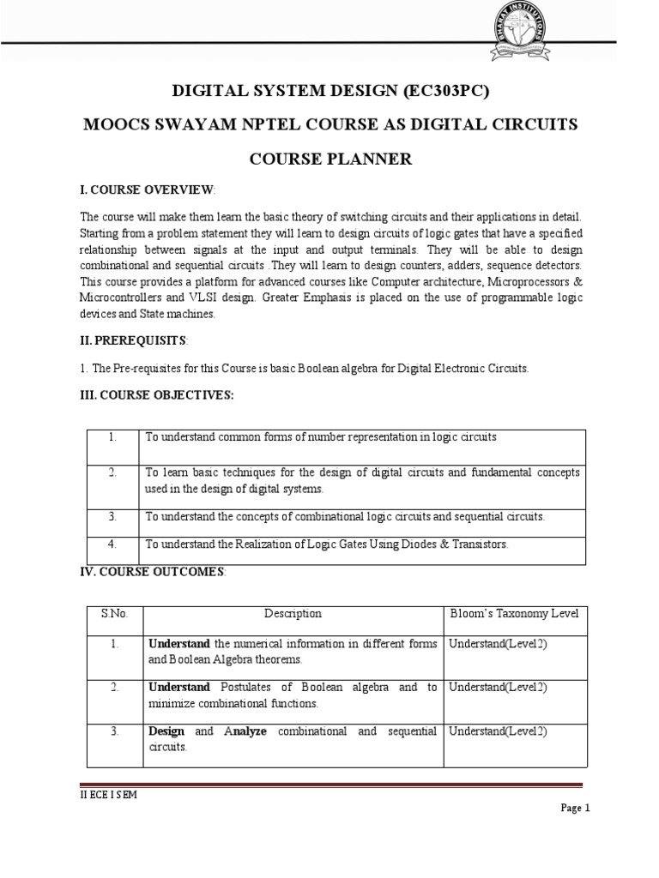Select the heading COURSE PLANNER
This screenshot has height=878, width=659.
[330, 159]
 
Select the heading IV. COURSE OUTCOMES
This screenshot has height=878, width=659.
[153, 571]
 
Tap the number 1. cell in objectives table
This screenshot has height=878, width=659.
[112, 437]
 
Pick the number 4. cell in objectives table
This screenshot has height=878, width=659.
[112, 544]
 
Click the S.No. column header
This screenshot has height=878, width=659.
[114, 614]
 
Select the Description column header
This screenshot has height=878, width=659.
[293, 614]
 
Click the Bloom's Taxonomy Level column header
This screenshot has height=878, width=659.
[515, 614]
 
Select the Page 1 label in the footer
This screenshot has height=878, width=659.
[575, 808]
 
